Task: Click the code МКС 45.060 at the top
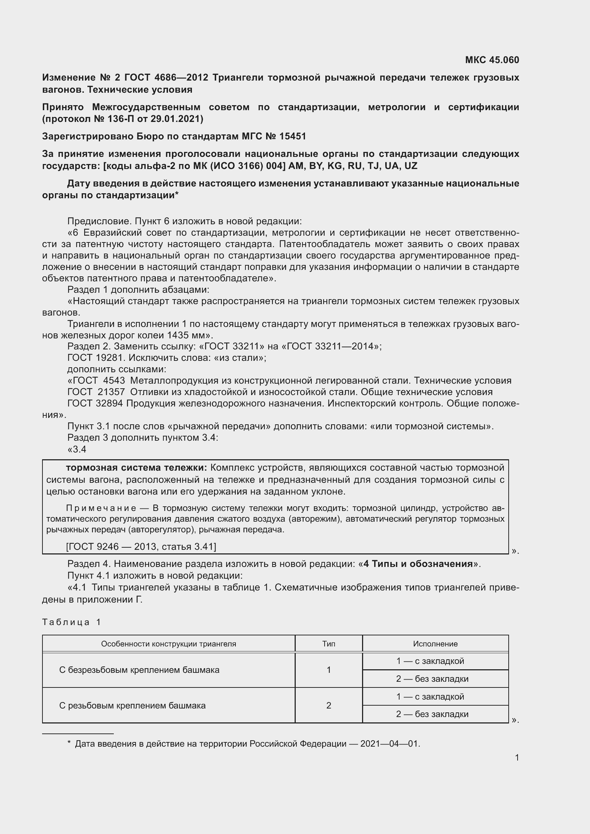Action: [x=492, y=60]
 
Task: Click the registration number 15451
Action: [x=293, y=136]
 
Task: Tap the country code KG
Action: [x=335, y=166]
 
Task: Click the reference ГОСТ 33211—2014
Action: [x=330, y=346]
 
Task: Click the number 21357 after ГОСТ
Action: [x=111, y=392]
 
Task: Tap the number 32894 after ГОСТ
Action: [x=110, y=404]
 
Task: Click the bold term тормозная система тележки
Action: [x=136, y=467]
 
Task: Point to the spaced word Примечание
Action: [x=101, y=508]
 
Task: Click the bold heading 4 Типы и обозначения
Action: [x=418, y=564]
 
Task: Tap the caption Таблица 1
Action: [x=71, y=622]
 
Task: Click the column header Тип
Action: [x=329, y=644]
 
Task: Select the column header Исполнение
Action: [x=435, y=644]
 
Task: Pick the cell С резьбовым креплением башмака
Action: [x=132, y=705]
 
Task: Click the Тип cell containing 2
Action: [x=329, y=705]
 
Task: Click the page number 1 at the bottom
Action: [x=517, y=757]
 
